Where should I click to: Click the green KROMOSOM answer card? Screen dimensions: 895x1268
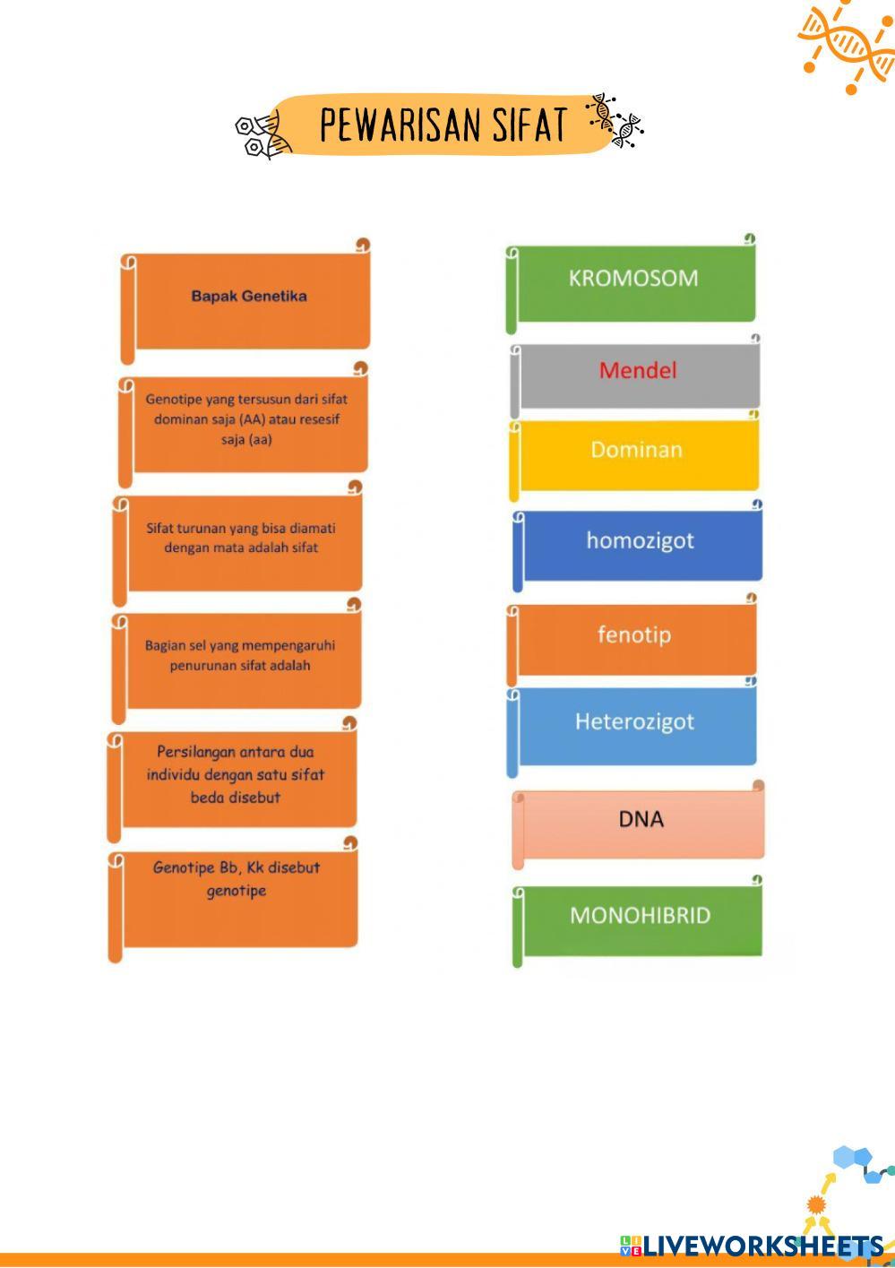click(633, 281)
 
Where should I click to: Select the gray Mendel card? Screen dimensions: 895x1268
click(637, 373)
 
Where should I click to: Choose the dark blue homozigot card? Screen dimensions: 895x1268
click(640, 544)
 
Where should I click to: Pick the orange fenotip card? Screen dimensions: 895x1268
click(634, 637)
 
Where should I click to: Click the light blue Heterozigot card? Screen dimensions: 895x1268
click(634, 724)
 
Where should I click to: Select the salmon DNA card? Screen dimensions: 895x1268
click(641, 822)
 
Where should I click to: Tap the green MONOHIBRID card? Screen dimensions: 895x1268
click(640, 919)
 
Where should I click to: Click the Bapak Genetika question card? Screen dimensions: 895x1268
click(249, 300)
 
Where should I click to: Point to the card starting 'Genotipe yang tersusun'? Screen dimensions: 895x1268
click(245, 422)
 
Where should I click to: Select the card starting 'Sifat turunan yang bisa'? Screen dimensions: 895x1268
click(240, 541)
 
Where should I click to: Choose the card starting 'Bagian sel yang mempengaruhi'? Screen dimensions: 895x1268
click(239, 659)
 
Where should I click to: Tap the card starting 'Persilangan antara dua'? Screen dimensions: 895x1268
click(236, 777)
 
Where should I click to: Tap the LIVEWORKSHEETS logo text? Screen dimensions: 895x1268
click(762, 1246)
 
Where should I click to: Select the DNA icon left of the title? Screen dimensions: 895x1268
click(262, 134)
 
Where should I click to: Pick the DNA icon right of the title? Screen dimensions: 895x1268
click(615, 120)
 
